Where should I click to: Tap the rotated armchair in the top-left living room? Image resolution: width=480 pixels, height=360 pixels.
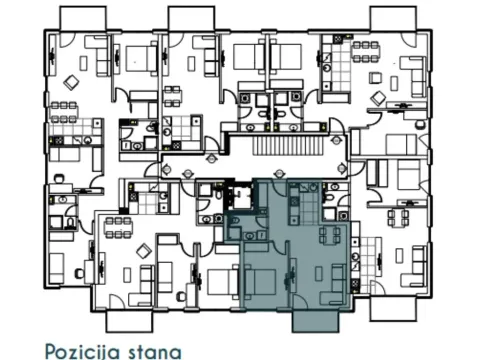click(x=73, y=82)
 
